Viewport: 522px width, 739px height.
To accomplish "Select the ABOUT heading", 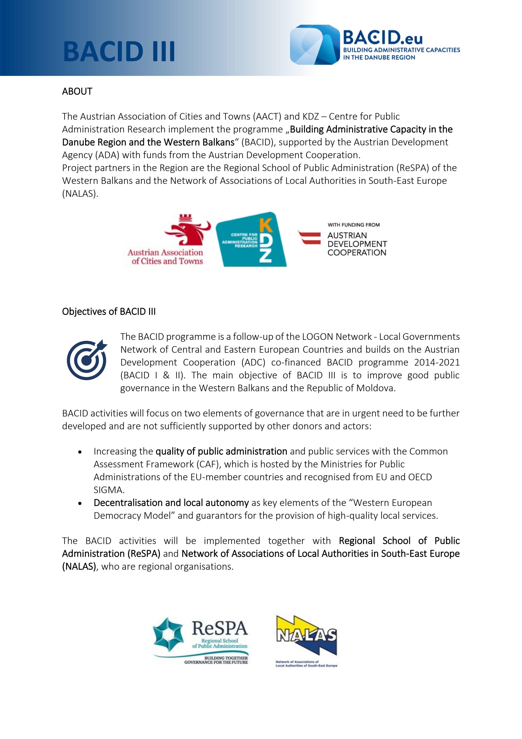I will pyautogui.click(x=77, y=91).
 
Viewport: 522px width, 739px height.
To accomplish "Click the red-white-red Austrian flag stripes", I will pyautogui.click(x=309, y=238).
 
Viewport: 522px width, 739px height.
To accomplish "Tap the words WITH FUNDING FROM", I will pyautogui.click(x=354, y=225).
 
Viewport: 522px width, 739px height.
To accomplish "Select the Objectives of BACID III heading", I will pyautogui.click(x=109, y=312).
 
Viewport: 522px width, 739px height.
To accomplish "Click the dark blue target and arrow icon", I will pyautogui.click(x=87, y=360).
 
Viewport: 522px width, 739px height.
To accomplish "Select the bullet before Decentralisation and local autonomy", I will pyautogui.click(x=80, y=503).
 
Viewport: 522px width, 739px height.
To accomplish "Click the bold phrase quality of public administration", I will pyautogui.click(x=221, y=451).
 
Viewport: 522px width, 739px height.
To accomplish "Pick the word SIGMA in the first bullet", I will pyautogui.click(x=109, y=490).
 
